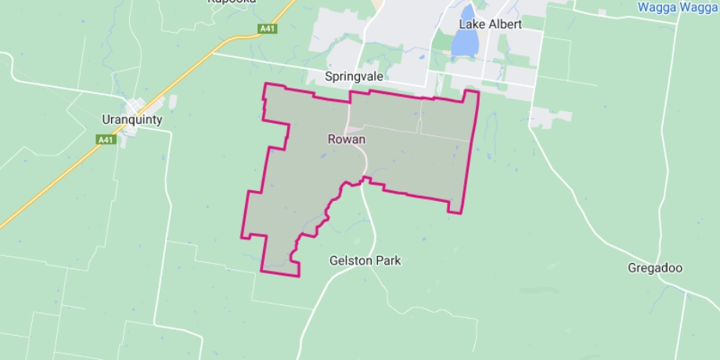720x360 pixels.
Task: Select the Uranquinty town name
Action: tap(132, 120)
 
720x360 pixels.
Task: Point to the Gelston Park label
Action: tap(365, 261)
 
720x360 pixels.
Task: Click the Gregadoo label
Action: tap(655, 268)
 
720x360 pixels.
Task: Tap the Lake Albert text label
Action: tap(490, 24)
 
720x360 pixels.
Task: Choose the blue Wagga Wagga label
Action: tap(678, 7)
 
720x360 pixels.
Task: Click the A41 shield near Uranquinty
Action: tap(106, 139)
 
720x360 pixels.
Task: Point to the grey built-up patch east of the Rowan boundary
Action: tap(549, 118)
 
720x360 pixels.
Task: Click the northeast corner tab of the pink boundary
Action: tap(471, 94)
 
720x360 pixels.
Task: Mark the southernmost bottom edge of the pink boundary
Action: tap(280, 274)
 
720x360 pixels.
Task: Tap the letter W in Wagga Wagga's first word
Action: tap(644, 7)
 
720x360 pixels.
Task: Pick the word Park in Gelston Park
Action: tap(386, 261)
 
